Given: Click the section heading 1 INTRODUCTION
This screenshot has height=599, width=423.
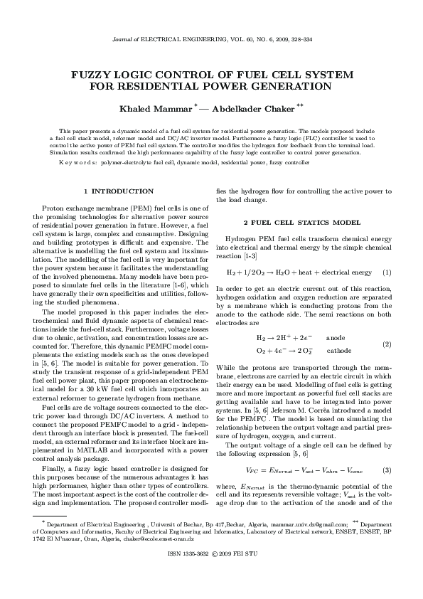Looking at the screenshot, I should click(x=118, y=191).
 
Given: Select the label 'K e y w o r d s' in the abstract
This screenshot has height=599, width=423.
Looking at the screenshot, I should click(x=78, y=163).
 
